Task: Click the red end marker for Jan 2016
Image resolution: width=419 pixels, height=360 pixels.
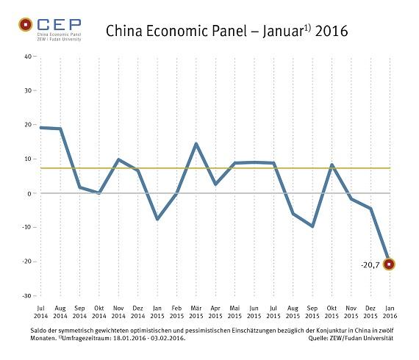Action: pyautogui.click(x=390, y=264)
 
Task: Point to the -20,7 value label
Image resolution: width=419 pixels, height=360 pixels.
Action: pyautogui.click(x=370, y=264)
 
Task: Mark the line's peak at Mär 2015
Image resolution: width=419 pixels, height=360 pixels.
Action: pyautogui.click(x=196, y=143)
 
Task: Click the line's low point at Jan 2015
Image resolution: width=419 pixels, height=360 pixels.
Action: pyautogui.click(x=157, y=219)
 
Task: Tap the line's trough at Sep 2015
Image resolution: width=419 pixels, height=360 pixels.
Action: pyautogui.click(x=312, y=226)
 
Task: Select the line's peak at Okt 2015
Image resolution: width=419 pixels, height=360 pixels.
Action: pyautogui.click(x=332, y=165)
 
